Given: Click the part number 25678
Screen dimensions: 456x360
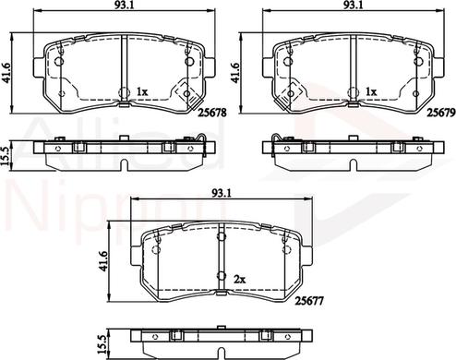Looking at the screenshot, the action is [212, 113].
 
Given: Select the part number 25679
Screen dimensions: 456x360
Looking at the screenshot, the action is [440, 114].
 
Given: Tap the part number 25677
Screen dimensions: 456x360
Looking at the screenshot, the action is [309, 301].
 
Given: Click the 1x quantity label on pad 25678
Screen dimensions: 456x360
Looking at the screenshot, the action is [142, 91].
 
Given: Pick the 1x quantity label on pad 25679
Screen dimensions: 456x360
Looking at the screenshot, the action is [371, 91].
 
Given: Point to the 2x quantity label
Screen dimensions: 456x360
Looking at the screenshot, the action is [240, 280].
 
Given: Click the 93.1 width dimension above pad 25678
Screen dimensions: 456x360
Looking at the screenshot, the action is [124, 5].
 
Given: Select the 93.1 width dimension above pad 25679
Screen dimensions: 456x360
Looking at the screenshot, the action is [353, 5].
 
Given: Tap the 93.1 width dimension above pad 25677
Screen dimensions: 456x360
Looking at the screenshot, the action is [222, 193].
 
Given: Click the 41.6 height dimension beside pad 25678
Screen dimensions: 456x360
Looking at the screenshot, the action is [6, 73].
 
